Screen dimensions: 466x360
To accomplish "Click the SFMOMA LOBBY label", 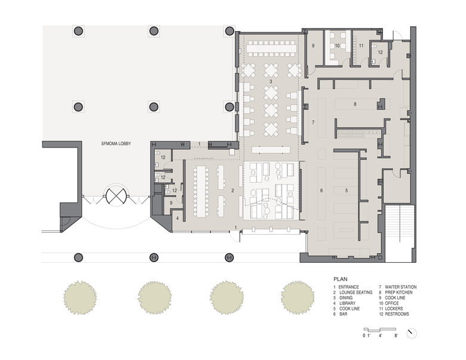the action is tap(116, 144).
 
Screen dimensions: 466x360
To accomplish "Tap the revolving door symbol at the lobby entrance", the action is tap(116, 196).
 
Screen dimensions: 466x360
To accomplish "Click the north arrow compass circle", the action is tap(412, 333).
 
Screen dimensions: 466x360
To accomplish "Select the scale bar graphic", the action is tap(380, 330).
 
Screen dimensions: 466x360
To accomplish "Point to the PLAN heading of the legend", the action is tap(341, 279).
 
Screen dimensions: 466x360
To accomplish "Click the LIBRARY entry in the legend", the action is tap(344, 303).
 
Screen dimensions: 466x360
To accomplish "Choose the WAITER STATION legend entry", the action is tap(397, 287).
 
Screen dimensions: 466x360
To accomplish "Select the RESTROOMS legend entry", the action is tap(394, 314).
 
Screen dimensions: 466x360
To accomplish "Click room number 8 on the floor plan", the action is tap(355, 104).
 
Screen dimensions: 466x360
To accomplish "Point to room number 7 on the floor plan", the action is tap(313, 122).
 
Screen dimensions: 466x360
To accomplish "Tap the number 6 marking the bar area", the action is tap(321, 190).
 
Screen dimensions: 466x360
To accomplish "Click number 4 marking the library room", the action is tap(177, 219).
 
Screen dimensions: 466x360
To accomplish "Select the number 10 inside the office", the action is tap(337, 46).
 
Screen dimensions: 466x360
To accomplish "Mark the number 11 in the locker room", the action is tap(361, 46).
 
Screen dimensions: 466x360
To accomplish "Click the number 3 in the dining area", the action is tap(271, 81).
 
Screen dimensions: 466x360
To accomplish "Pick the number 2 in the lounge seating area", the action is tap(232, 190).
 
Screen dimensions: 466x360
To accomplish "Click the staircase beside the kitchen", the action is tap(400, 233).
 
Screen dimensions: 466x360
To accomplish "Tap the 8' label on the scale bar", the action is tap(396, 336).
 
